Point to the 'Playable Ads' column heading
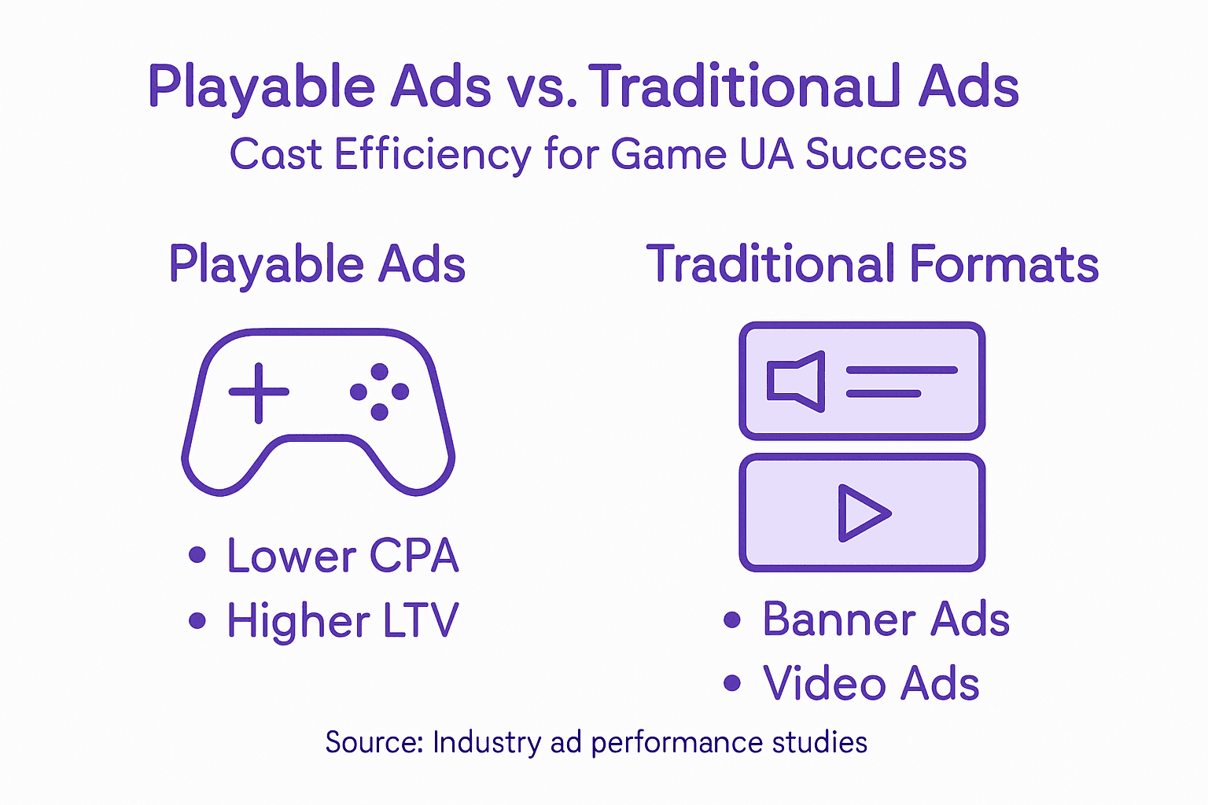(x=317, y=264)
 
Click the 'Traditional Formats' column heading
(x=872, y=264)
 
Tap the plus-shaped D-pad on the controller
(x=259, y=392)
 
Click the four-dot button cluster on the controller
(x=379, y=391)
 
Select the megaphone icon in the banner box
(x=796, y=381)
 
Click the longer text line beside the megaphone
(x=901, y=369)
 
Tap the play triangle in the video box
(x=862, y=513)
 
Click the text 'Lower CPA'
(x=342, y=556)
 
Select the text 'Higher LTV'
(x=342, y=621)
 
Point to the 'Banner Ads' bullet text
(x=886, y=619)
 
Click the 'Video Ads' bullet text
(x=871, y=683)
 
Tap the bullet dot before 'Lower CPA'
(x=197, y=556)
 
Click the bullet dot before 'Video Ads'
(x=732, y=682)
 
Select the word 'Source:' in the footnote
(x=374, y=743)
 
